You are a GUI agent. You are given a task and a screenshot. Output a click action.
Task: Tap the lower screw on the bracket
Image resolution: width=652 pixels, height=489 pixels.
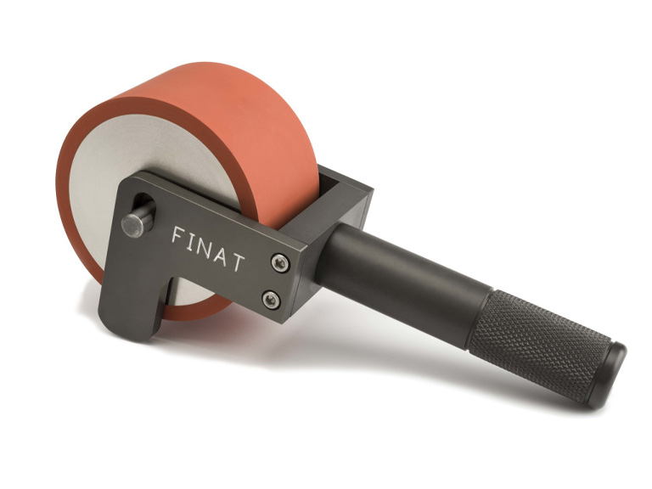click(271, 300)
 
